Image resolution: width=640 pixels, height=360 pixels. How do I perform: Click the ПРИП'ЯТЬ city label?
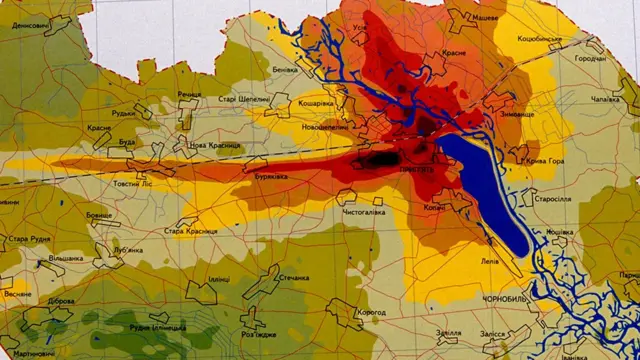point(416,170)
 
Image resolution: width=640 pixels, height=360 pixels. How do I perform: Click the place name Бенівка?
point(285,71)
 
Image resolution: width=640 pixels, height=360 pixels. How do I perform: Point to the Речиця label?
point(189,94)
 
